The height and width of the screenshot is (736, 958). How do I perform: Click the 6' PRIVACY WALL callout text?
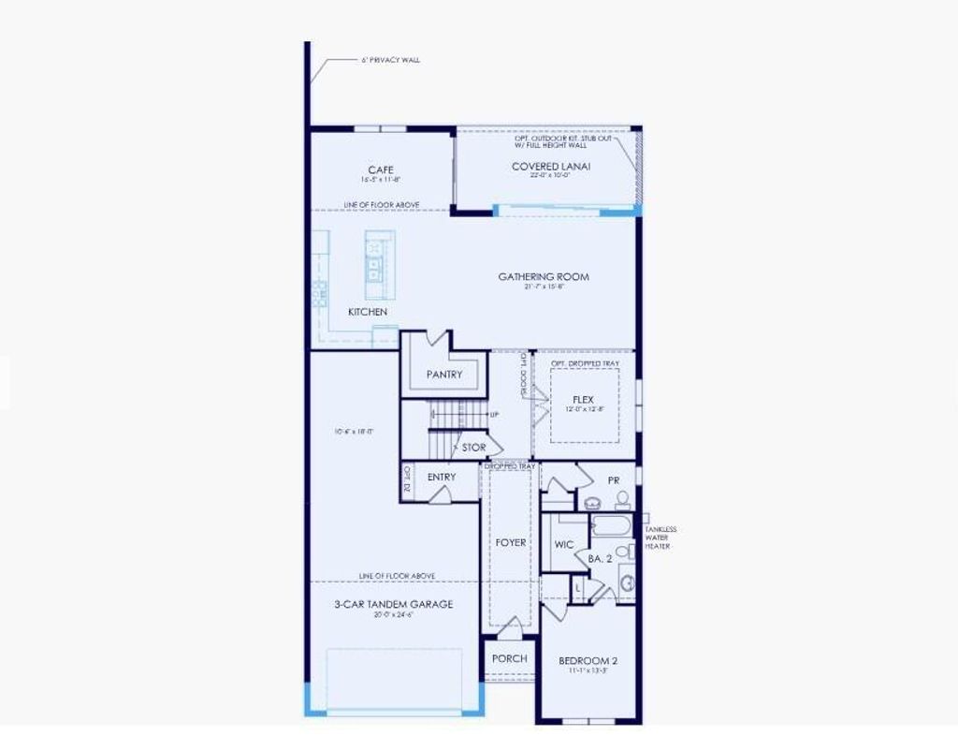[390, 60]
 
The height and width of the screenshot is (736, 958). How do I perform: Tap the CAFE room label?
[381, 169]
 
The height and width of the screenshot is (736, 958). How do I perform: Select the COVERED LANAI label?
[551, 167]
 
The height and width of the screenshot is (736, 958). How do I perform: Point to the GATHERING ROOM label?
[544, 276]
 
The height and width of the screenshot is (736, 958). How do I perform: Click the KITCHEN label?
[368, 312]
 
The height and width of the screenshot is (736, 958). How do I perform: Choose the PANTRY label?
[444, 375]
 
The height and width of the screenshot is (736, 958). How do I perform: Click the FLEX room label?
[584, 400]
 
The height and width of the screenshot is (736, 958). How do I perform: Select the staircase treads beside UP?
[458, 414]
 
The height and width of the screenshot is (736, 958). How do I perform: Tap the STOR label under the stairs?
[473, 448]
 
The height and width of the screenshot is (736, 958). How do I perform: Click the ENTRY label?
[442, 478]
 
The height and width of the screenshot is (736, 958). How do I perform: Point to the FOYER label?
[511, 542]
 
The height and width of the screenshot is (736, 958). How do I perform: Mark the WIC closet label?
[564, 544]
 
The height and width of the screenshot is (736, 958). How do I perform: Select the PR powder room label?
[614, 479]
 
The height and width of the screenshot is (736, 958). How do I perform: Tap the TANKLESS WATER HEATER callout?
[660, 537]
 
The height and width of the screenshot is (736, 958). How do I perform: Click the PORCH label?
[510, 658]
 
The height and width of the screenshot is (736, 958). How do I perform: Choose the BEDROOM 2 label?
[588, 661]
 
